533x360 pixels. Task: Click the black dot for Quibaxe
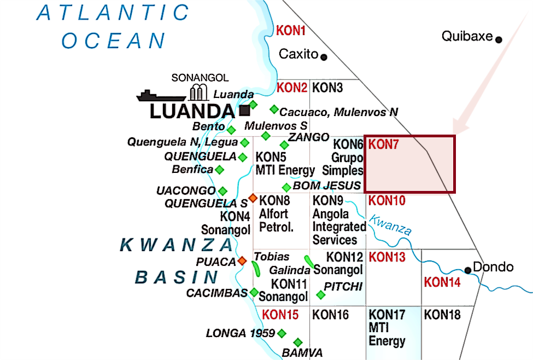(499, 39)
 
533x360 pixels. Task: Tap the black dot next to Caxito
(324, 56)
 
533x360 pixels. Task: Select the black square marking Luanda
(244, 111)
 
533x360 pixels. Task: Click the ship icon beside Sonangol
(161, 96)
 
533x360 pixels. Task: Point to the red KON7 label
(385, 144)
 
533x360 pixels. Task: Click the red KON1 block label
(291, 31)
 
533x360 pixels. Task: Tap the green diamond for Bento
(231, 130)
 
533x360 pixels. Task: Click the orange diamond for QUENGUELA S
(253, 198)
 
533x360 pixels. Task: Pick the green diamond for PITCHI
(321, 295)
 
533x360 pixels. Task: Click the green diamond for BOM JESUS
(286, 187)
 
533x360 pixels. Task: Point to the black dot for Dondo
(468, 270)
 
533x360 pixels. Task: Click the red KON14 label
(442, 282)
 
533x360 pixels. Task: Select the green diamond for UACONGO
(222, 191)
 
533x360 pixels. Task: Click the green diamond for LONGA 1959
(282, 333)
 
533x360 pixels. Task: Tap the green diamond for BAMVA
(298, 342)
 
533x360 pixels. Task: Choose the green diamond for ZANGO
(284, 144)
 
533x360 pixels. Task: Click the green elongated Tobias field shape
(256, 268)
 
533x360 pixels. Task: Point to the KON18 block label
(442, 315)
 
